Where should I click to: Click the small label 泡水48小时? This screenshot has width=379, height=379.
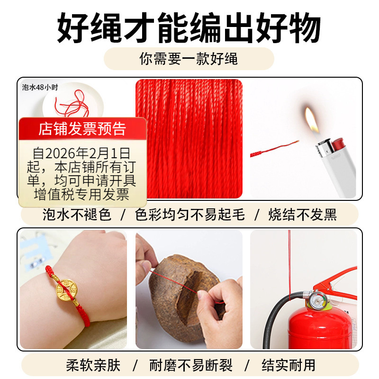coord(40,87)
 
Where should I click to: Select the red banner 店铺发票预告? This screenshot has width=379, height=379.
coord(82,129)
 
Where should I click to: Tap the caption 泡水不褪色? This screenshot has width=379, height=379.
coord(74,215)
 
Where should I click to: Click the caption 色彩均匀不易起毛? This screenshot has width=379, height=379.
coord(189,215)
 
